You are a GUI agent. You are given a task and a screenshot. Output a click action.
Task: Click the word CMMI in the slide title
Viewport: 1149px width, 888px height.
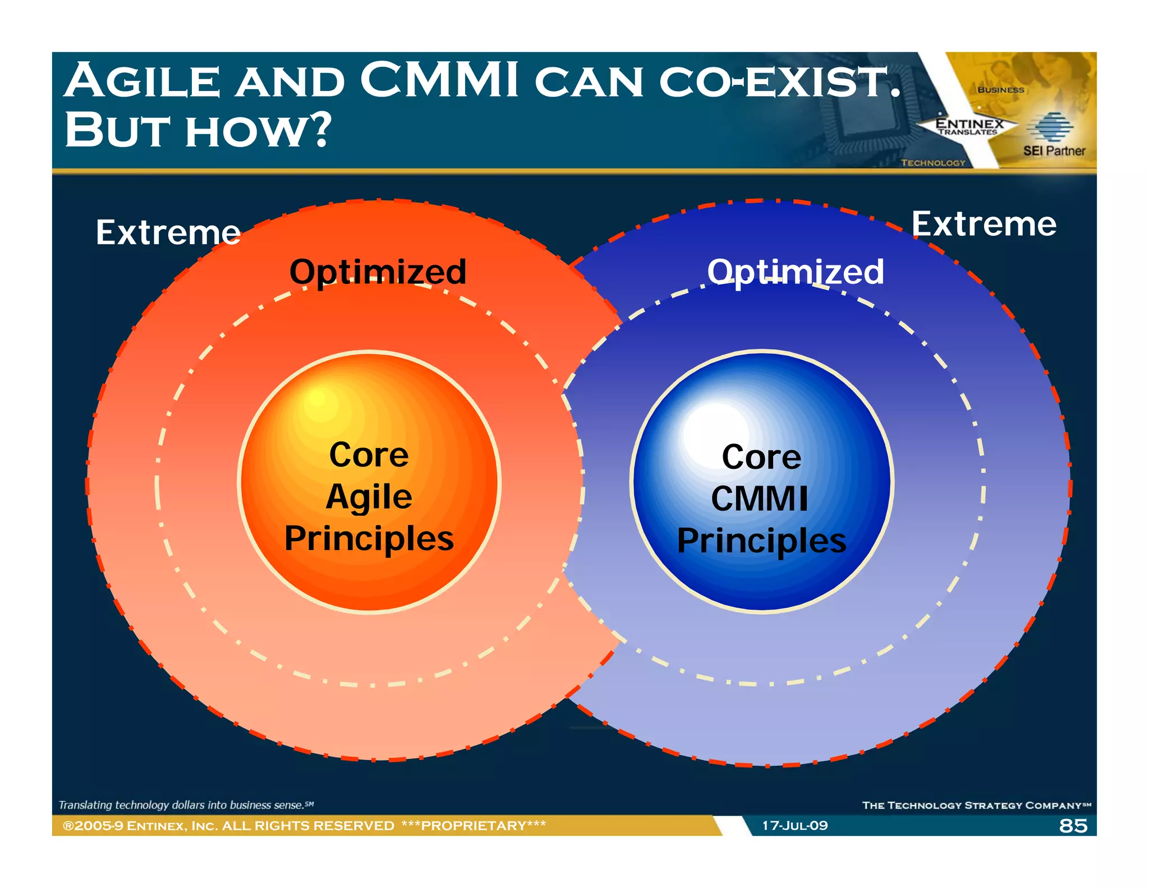point(439,81)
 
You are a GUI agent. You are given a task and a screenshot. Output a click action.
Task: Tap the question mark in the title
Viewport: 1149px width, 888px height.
point(320,130)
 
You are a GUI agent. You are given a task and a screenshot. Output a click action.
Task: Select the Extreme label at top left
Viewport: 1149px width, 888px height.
point(168,232)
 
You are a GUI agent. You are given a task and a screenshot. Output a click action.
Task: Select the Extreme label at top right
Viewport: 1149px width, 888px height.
point(984,224)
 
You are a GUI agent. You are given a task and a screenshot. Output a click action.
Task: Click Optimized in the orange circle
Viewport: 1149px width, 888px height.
point(378,272)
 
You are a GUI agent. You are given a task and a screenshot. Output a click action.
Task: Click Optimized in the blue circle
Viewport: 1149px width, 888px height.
point(795,272)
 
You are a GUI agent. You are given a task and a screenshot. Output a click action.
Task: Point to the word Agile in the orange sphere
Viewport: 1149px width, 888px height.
point(369,497)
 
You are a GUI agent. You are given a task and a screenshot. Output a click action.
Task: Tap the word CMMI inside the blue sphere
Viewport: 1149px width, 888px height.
point(760,498)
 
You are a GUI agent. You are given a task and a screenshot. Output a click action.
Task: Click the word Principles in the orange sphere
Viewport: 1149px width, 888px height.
point(369,539)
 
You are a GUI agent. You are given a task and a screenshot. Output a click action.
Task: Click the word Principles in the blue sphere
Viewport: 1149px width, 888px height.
point(761,541)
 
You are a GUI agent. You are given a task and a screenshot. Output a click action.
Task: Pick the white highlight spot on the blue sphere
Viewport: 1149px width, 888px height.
point(714,427)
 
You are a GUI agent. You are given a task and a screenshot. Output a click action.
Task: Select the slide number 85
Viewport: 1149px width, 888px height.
point(1073,826)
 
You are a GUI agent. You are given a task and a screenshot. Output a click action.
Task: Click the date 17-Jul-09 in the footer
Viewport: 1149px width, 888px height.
point(794,826)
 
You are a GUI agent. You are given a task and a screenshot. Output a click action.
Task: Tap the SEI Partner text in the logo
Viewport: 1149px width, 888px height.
point(1054,151)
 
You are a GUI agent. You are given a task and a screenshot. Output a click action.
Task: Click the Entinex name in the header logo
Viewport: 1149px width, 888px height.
point(969,123)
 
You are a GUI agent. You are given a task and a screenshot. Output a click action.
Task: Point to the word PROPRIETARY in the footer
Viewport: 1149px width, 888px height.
point(474,826)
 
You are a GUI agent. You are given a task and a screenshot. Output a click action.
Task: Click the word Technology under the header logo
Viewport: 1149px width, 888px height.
point(933,163)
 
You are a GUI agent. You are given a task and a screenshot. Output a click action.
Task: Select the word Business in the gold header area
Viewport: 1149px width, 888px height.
point(1000,90)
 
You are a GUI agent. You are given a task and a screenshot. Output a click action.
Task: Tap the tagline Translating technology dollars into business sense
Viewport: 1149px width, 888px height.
point(185,805)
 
